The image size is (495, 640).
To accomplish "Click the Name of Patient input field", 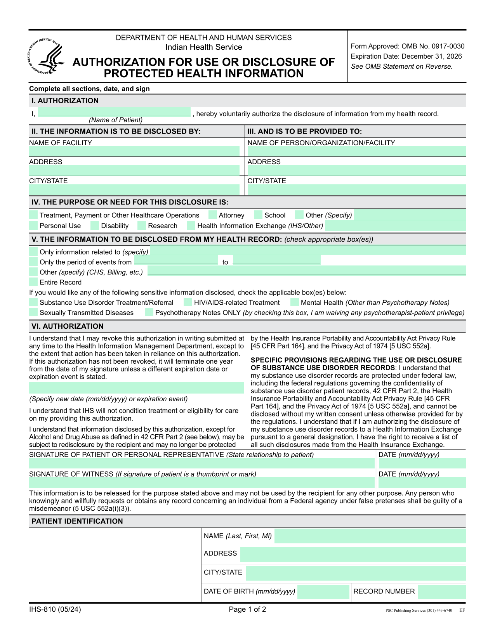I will [114, 112].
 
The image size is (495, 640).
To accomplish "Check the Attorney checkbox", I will [213, 215].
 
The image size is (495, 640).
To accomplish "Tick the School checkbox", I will [258, 215].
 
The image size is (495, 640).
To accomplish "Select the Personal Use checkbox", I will [34, 225].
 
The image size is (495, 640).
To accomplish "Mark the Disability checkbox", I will [95, 225].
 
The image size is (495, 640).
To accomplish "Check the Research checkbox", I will [142, 225].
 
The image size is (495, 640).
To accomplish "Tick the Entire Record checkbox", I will [34, 282].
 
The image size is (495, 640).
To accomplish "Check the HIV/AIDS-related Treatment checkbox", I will [188, 302].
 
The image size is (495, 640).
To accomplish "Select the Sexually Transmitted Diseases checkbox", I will [34, 312].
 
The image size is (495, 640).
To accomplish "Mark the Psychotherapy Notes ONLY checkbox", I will [149, 312].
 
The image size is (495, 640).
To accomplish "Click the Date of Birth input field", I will [323, 592].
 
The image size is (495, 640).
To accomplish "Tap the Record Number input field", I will [441, 592].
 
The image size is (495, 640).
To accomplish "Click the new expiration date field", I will [136, 388].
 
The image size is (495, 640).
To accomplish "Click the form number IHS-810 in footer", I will [55, 609].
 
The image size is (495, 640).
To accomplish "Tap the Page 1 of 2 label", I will [247, 609].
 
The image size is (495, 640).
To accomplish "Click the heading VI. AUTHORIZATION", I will [68, 326].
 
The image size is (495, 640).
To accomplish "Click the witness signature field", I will [201, 483].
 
